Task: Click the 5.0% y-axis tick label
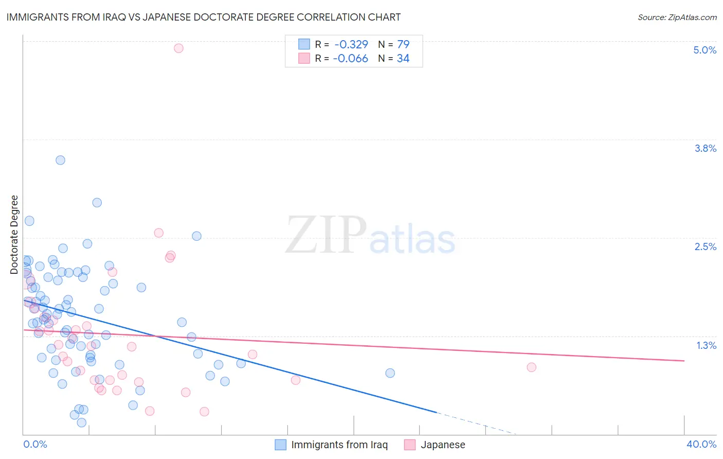click(704, 50)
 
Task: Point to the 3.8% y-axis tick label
click(705, 148)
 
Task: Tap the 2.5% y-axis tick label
click(705, 246)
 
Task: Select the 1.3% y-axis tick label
click(706, 345)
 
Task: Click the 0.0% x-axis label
click(35, 444)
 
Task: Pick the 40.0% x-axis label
click(701, 444)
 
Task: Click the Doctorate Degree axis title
click(14, 235)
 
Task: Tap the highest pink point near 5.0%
click(178, 48)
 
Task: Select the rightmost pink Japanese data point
click(531, 367)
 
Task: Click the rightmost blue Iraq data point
click(390, 373)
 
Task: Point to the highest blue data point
click(60, 160)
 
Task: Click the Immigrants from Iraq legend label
click(339, 445)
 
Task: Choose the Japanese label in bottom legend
click(443, 445)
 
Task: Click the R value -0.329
click(351, 44)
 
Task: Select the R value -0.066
click(351, 59)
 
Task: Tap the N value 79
click(403, 44)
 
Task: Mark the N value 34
click(403, 59)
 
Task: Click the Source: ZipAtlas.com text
click(677, 17)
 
